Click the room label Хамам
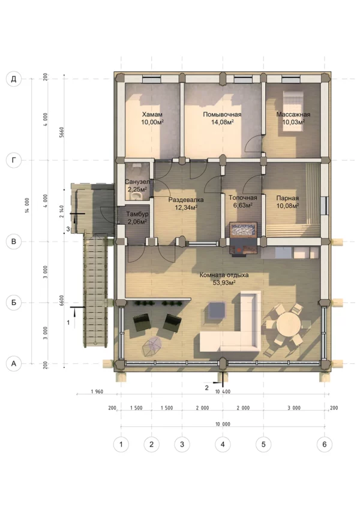[152, 115]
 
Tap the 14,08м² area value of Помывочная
[222, 122]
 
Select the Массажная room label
[293, 115]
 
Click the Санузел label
[137, 182]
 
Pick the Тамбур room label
[137, 214]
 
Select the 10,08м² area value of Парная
[287, 206]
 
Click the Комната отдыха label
[224, 275]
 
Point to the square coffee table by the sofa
[217, 311]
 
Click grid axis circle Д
[14, 79]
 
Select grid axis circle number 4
[223, 444]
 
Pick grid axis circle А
[14, 363]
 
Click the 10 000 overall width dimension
[223, 424]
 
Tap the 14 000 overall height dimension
[27, 205]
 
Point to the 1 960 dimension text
[97, 391]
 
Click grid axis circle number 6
[324, 444]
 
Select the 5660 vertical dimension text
[62, 132]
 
